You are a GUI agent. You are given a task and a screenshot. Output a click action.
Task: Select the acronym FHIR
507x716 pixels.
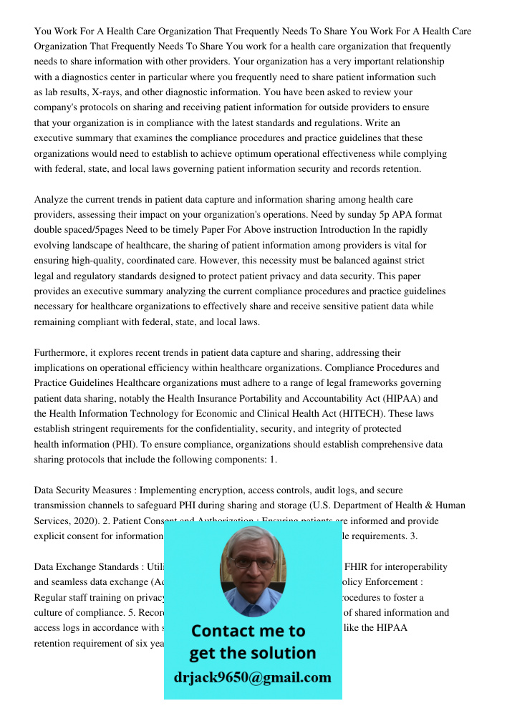click(356, 566)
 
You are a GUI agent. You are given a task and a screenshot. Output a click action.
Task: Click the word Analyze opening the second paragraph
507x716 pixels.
click(53, 199)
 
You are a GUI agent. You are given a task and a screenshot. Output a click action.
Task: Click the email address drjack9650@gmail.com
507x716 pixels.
click(253, 677)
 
